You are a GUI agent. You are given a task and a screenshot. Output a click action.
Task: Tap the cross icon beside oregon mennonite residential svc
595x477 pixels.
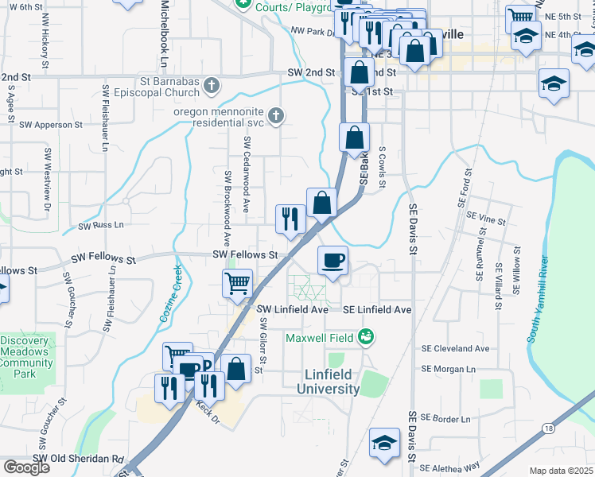pos(276,117)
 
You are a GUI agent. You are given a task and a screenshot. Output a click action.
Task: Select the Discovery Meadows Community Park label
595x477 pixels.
pos(25,357)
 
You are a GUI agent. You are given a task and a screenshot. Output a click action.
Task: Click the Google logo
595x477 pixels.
pos(26,467)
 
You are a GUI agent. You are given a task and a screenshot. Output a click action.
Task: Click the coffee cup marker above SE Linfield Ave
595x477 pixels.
pos(332,260)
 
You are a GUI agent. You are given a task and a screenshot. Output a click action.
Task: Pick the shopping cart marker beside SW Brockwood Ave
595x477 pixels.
pos(238,283)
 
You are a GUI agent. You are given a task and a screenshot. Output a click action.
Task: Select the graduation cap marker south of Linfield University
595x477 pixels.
pos(385,443)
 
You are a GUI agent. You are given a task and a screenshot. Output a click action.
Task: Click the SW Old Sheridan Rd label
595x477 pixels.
pos(80,460)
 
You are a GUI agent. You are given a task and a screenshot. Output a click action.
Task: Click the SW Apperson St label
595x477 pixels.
pos(51,125)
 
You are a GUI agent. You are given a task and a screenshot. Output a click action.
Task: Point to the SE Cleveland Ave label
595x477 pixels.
pos(456,348)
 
